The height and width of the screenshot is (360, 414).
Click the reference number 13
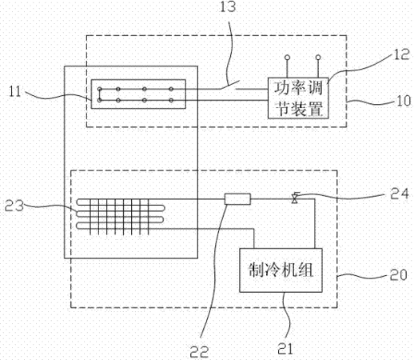(x=228, y=6)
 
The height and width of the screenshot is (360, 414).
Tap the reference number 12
(x=401, y=54)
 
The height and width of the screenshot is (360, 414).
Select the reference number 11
(x=15, y=91)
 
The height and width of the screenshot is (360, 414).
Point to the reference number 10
(x=404, y=101)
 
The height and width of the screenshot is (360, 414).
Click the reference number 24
(x=400, y=194)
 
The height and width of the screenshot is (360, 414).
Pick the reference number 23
(x=14, y=206)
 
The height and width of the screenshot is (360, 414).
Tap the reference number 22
(x=199, y=352)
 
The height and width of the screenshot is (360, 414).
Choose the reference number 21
(x=285, y=349)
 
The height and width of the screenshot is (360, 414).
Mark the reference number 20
(x=399, y=274)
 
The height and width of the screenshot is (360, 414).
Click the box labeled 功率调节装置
(x=298, y=98)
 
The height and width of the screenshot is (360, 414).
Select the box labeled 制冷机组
(x=281, y=270)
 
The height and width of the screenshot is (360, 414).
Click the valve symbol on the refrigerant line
(x=295, y=198)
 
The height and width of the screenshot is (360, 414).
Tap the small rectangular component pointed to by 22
(x=237, y=199)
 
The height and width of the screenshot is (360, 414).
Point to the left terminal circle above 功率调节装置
(x=287, y=57)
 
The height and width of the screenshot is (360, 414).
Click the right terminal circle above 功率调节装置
(x=318, y=57)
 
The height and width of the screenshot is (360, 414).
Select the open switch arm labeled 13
(x=230, y=85)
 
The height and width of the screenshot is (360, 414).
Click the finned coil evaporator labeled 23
(x=121, y=217)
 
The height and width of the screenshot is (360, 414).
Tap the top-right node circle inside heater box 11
(x=171, y=89)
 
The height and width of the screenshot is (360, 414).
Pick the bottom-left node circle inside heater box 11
(x=100, y=101)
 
